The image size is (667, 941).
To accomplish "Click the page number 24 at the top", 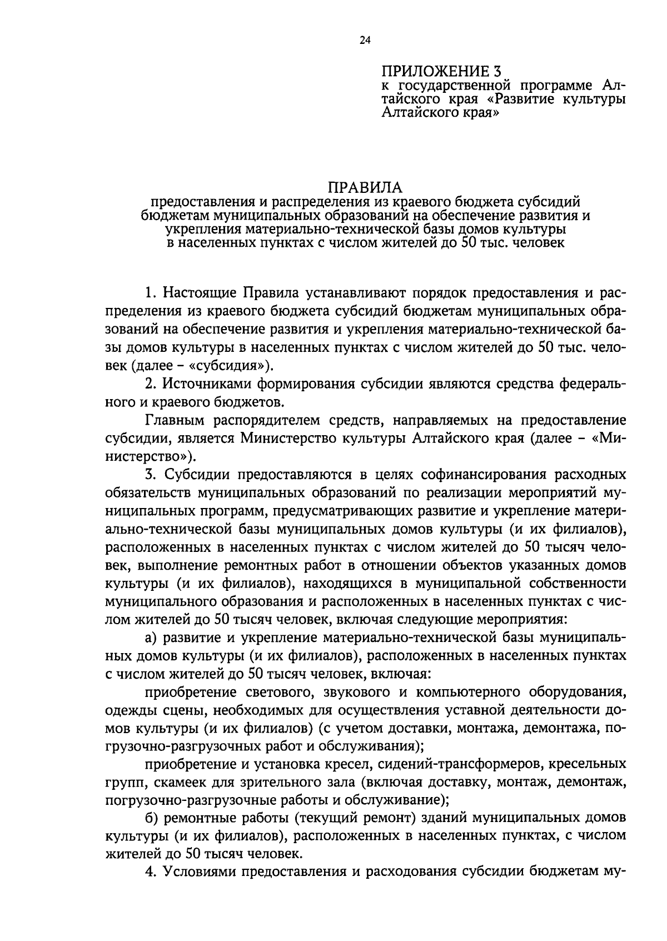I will tap(365, 40).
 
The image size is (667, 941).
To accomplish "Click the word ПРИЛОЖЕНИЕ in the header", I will tap(427, 71).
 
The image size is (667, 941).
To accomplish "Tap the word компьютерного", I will tap(465, 692).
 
